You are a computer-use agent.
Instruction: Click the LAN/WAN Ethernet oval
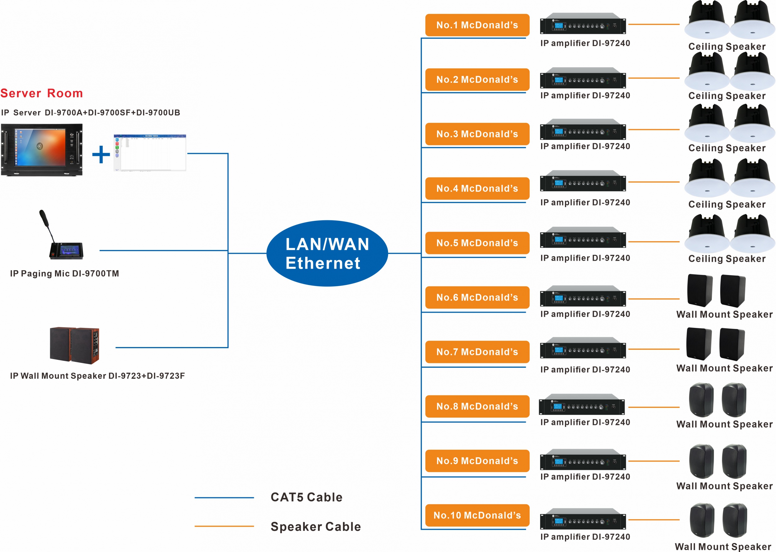coord(327,253)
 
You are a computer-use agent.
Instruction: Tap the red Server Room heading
coord(42,93)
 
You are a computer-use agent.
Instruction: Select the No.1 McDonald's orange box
coord(477,25)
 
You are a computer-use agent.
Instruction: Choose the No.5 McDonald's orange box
coord(477,243)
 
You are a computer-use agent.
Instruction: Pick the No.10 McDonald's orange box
coord(477,515)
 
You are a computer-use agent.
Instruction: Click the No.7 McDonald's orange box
coord(477,352)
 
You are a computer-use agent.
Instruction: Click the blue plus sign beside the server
coord(101,154)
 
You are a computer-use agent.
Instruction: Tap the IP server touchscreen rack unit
coord(42,150)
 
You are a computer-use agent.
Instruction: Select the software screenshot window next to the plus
coord(150,153)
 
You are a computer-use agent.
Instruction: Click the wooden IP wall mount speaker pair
coord(74,345)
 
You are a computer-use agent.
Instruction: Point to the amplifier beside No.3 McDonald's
coord(583,129)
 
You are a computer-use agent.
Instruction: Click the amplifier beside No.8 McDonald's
coord(582,404)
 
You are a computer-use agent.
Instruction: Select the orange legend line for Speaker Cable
coord(224,526)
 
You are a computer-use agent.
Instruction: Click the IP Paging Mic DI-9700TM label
coord(65,274)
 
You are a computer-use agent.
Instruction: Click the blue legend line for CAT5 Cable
coord(224,498)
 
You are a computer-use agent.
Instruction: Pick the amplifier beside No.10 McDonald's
coord(583,519)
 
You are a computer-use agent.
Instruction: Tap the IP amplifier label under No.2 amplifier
coord(585,96)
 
